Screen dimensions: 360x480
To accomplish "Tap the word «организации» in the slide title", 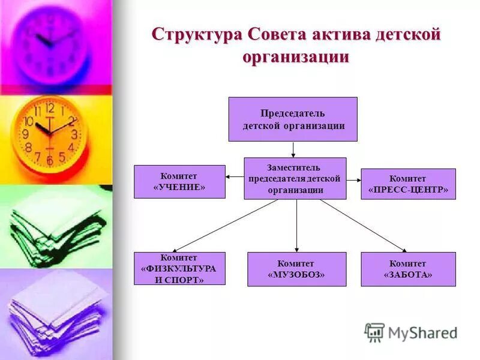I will pos(296,58).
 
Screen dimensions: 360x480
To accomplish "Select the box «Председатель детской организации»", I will pos(293,119).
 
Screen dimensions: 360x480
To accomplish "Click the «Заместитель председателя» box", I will pos(295,178).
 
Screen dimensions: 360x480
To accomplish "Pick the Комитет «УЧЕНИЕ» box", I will pos(179,181).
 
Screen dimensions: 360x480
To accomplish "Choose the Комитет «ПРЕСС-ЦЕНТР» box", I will pos(408,184).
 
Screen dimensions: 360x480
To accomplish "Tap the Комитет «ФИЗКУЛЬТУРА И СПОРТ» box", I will pos(179,268).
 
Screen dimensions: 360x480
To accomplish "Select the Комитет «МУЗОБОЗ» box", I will pos(296,269).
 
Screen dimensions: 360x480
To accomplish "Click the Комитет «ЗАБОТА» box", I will pos(408,269).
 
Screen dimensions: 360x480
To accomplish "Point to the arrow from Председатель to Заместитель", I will pos(293,149).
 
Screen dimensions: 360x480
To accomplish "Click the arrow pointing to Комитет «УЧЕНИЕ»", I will pos(235,176).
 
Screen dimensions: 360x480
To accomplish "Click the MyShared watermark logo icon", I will pos(374,332).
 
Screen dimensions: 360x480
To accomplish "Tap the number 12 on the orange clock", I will pos(49,109).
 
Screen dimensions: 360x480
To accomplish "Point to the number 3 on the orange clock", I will pos(74,134).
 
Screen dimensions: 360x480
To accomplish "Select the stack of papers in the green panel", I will pos(57,225).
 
